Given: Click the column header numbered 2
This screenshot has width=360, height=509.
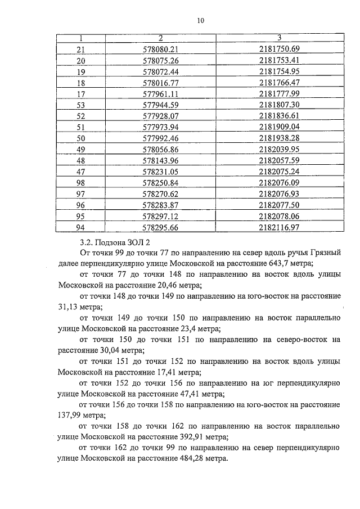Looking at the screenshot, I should [x=160, y=38].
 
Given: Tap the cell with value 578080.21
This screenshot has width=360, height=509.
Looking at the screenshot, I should [x=160, y=49].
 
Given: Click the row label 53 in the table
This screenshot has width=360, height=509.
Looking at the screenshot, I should [x=80, y=105].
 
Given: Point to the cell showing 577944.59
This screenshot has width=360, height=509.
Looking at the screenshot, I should [x=160, y=105].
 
